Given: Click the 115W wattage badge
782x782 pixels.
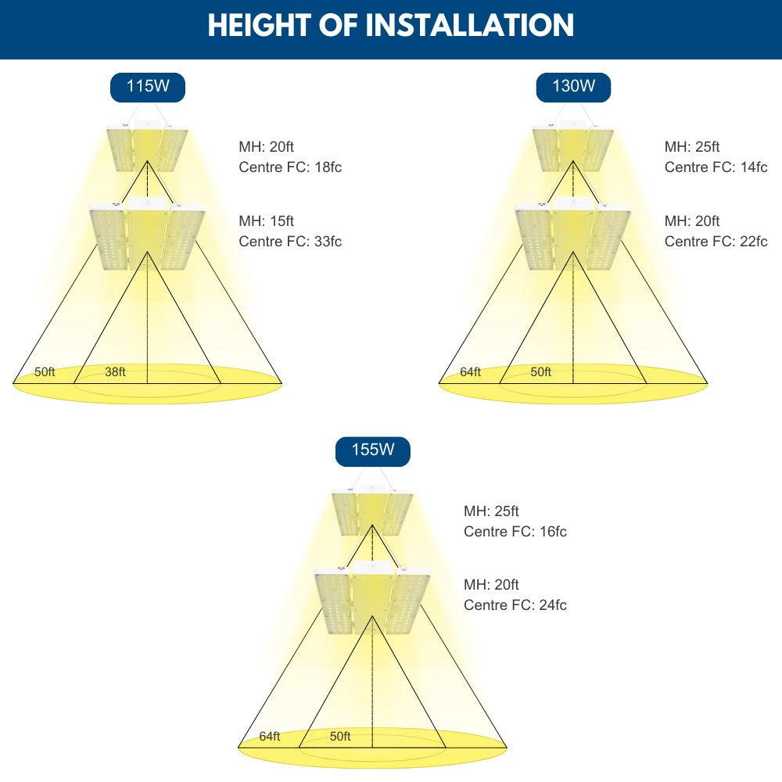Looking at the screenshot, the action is coord(148,88).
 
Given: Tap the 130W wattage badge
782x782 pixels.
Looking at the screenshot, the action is coord(573,88).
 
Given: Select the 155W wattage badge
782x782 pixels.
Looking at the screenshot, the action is coord(373,451).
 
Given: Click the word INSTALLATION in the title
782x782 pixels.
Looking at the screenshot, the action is coord(470,25).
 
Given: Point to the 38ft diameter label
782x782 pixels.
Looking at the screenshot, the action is coord(115,371).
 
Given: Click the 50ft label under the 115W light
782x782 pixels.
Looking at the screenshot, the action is coord(45,371).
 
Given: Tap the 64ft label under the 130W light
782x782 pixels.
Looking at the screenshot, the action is coord(470,371).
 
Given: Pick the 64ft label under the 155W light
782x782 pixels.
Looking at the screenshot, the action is coord(270,736).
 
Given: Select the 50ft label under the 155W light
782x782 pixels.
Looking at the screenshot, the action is coord(340,736).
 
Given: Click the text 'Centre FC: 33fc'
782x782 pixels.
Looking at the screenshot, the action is coord(290,242).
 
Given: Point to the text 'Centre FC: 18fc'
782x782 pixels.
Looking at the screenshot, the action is coord(290,167).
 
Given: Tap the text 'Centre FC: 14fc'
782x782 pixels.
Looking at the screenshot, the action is coord(716,167).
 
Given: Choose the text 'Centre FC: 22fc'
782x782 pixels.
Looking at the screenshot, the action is coord(716,242).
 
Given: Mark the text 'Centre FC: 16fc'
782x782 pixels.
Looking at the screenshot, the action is coord(515,532).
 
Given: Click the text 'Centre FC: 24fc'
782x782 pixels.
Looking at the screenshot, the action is coord(515,605).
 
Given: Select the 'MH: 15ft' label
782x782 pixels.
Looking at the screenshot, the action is coord(267,221).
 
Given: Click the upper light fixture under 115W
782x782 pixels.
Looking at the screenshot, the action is coord(147,145).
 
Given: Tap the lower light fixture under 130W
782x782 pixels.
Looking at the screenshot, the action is coord(573,233).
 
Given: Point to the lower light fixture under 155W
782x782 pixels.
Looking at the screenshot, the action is coord(372,597).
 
